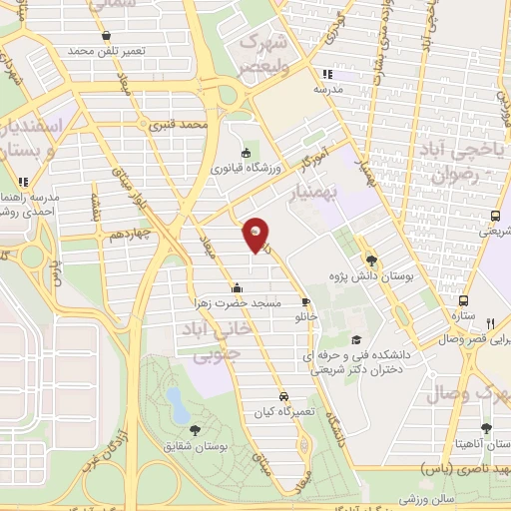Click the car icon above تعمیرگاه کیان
pos(285,395)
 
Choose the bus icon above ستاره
pos(463,299)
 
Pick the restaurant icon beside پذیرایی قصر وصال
pos(490,322)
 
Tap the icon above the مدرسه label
pos(326,74)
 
